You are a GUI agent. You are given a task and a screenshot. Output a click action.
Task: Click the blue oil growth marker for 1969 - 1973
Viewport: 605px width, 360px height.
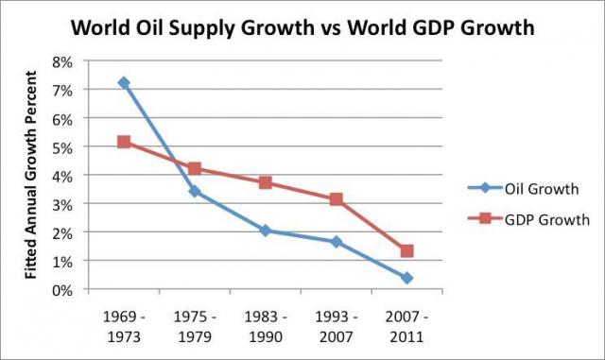pos(123,83)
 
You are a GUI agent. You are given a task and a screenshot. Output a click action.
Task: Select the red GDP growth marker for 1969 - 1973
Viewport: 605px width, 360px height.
pos(123,142)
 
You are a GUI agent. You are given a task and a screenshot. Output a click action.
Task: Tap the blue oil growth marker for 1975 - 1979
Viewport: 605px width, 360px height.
pos(194,191)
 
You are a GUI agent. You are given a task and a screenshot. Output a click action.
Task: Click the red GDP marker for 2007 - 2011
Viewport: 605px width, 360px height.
pos(406,251)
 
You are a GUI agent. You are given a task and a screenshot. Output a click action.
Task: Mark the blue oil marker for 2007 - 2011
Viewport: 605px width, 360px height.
pos(406,278)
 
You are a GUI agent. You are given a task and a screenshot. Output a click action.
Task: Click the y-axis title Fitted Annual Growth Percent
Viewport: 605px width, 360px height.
pos(32,176)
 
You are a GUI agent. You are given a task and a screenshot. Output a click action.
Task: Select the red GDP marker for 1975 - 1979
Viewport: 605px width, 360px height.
pos(194,169)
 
